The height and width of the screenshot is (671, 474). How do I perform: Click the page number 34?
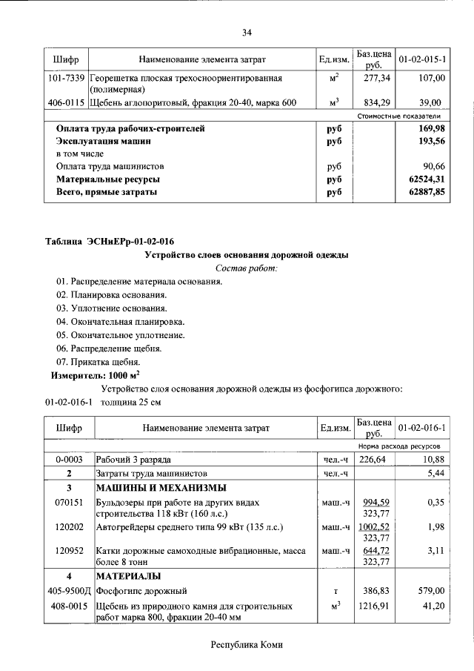click(247, 32)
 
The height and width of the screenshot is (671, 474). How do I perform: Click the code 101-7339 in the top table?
click(67, 78)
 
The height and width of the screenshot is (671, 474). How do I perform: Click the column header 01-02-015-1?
click(421, 59)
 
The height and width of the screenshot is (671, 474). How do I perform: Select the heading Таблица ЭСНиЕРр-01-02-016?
click(110, 241)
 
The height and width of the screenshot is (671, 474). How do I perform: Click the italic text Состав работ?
click(245, 268)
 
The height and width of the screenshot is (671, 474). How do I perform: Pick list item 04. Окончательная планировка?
click(120, 321)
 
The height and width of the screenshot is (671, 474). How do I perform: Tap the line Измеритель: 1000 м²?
click(96, 375)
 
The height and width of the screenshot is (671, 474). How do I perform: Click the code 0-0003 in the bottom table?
click(68, 460)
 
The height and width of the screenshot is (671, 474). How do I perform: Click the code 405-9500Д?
click(67, 591)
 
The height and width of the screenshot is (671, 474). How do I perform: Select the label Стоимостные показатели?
click(398, 116)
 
